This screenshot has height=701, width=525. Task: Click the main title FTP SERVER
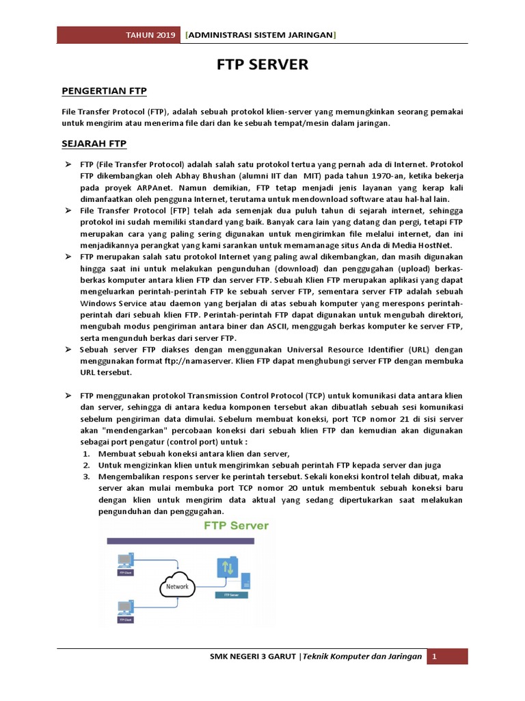tap(262, 65)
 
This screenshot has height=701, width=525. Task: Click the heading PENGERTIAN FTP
tap(104, 90)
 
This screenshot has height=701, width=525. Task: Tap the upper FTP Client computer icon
tap(125, 562)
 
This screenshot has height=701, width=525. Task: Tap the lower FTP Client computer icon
tap(125, 609)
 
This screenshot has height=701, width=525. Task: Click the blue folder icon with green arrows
tap(228, 569)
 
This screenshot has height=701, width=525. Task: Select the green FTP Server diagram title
tap(235, 526)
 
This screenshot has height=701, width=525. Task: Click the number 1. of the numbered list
tap(87, 454)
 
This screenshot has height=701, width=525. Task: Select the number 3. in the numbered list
tap(87, 476)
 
